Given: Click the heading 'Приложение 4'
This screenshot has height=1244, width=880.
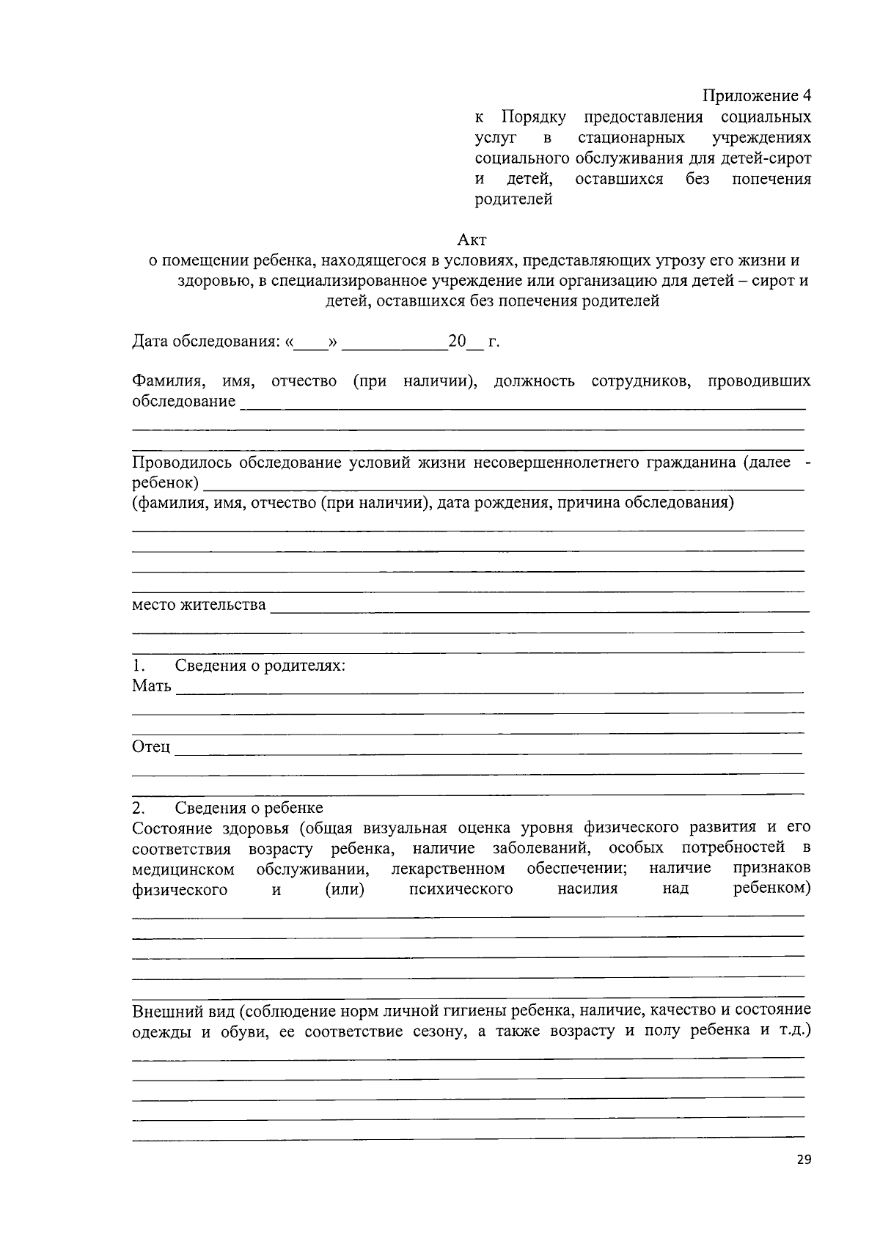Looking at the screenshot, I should pos(757,96).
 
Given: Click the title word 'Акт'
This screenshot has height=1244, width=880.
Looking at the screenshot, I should pos(472,240).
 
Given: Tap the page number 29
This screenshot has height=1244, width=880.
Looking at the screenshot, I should pos(803,1160).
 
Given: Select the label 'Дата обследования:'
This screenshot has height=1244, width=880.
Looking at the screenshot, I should pos(205,342).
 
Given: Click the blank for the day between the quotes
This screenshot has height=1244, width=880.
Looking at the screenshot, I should pos(311,343).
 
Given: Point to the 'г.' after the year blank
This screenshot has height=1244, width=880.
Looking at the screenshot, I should pos(494,342).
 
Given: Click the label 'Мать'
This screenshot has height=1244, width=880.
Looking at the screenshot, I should pos(152,686).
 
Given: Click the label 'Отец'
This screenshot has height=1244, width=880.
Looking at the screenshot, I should pos(151,747).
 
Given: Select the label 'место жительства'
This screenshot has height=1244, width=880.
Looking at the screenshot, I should pos(199,605).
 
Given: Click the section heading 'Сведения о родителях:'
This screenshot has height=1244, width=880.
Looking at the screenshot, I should pos(260,666).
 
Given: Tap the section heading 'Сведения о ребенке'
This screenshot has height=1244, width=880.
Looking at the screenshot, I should pos(249,808).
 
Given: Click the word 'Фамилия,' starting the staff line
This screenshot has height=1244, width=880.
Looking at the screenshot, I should pos(168,381).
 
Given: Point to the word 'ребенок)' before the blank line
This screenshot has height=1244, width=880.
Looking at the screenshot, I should pos(165,483).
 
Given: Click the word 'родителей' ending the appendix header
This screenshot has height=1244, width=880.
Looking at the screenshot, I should pos(513,199).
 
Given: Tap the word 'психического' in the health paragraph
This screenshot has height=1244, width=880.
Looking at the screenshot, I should pos(461,889).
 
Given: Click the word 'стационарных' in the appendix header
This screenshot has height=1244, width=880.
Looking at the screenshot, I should pos(631,138).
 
